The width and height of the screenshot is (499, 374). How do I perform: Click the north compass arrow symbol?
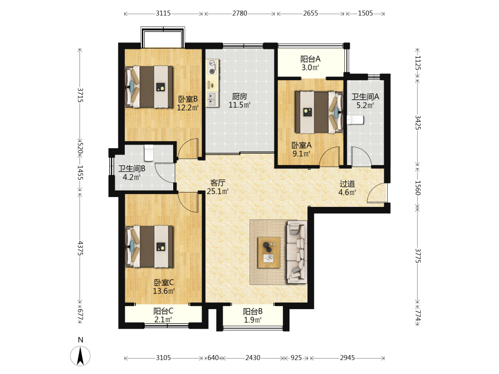click(80, 355)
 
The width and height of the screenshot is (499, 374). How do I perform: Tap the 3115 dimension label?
click(163, 13)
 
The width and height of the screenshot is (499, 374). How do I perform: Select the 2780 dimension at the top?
click(240, 13)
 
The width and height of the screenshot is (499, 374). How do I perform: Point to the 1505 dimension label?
click(365, 13)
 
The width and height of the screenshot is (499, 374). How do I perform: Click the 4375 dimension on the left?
click(80, 248)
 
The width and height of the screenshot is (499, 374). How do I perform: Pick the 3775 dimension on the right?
click(418, 256)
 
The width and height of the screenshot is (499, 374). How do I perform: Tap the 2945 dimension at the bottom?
click(347, 358)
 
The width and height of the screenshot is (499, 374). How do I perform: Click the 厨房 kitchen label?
click(240, 96)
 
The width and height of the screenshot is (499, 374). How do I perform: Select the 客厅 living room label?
click(218, 183)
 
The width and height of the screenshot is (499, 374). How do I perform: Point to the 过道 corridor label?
click(347, 184)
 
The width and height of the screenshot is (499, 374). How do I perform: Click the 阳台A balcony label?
click(310, 59)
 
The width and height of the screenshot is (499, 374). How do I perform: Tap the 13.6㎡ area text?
click(164, 291)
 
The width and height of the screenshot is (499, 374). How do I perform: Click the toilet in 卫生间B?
click(149, 153)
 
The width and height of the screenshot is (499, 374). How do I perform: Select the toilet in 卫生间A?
click(355, 120)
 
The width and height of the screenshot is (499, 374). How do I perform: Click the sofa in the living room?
click(297, 252)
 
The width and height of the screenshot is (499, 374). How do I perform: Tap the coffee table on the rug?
click(269, 252)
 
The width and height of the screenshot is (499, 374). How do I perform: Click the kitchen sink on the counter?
click(212, 99)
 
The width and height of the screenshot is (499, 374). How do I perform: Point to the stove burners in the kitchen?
click(212, 67)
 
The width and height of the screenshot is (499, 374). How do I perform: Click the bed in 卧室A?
click(319, 112)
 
